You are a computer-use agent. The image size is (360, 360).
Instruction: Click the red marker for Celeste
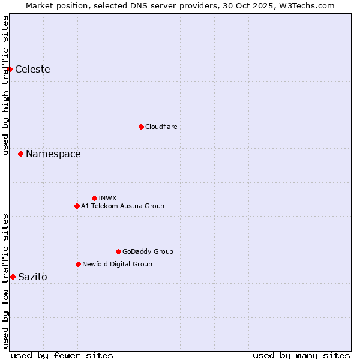click(10, 69)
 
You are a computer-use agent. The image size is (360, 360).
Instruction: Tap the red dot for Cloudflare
click(141, 127)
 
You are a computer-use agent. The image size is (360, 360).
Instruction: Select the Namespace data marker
click(20, 154)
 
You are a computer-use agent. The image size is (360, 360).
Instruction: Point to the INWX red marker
click(94, 198)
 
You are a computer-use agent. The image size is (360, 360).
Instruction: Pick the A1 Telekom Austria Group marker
click(77, 206)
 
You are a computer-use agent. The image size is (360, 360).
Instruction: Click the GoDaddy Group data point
click(118, 251)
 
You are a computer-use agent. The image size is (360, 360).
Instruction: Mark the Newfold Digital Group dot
click(78, 264)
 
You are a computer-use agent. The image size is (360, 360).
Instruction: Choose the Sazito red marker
click(13, 277)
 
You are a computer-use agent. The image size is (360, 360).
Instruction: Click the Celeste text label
click(32, 70)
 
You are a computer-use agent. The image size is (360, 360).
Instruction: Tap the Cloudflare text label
click(161, 127)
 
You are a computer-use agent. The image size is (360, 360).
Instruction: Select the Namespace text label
click(53, 154)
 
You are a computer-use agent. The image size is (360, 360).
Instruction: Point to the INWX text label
click(107, 198)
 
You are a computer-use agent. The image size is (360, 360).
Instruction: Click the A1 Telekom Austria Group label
click(122, 206)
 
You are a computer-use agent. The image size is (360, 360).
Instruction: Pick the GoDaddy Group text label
click(148, 251)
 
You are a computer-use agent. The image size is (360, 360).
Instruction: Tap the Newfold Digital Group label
click(117, 264)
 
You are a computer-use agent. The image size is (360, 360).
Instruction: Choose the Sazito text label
click(32, 277)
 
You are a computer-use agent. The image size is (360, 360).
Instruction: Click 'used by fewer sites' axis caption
click(62, 355)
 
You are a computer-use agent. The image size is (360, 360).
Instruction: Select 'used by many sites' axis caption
click(301, 355)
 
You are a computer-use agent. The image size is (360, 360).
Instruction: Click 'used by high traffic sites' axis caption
click(5, 85)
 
